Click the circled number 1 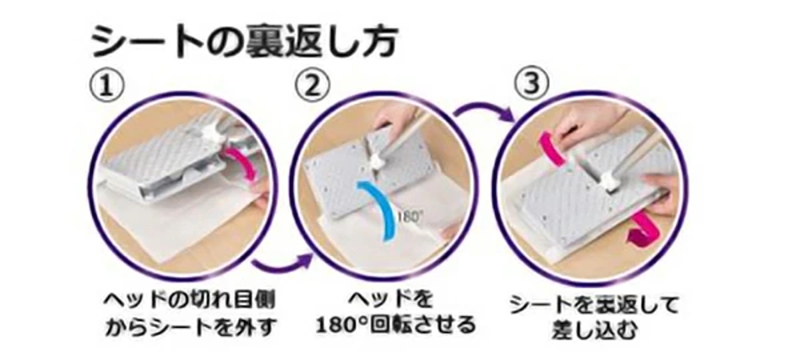(107, 86)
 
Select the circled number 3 (532, 83)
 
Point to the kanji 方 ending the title (378, 41)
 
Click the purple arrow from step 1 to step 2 (283, 265)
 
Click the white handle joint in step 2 (379, 161)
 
